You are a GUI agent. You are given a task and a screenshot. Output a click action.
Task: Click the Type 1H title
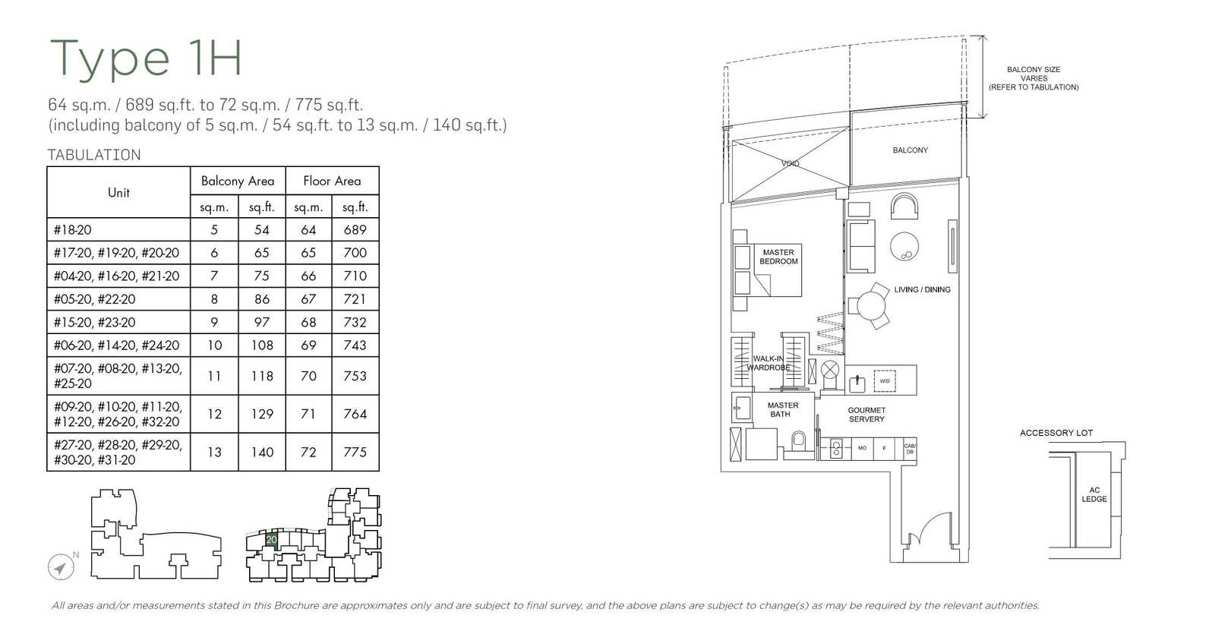click(x=146, y=58)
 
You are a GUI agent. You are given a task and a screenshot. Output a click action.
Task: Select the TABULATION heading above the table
click(x=94, y=155)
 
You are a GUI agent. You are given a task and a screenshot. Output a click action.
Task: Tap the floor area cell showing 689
click(x=355, y=229)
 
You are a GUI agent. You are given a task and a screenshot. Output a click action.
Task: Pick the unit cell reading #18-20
click(x=73, y=229)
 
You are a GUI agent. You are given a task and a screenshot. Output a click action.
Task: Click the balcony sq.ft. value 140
click(x=262, y=452)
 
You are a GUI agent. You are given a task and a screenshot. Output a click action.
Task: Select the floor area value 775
click(x=355, y=452)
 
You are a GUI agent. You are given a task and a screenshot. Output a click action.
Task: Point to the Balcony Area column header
click(x=238, y=181)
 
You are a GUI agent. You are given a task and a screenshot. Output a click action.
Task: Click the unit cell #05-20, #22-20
click(x=95, y=299)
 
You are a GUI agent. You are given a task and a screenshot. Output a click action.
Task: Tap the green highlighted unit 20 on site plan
click(x=271, y=540)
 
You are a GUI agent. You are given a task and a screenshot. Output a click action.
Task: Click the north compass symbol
click(x=61, y=567)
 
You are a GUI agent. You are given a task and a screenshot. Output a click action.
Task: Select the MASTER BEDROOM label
click(x=778, y=257)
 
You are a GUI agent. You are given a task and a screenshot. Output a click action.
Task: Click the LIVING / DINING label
click(x=922, y=289)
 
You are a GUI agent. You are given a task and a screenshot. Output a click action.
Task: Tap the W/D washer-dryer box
click(x=885, y=380)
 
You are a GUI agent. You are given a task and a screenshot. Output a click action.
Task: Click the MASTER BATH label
click(x=782, y=410)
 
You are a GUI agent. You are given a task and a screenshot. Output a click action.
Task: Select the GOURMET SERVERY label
click(x=866, y=415)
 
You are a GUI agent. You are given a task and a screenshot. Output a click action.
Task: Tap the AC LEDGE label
click(x=1093, y=494)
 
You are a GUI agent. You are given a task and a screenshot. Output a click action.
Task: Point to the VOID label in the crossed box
click(x=790, y=163)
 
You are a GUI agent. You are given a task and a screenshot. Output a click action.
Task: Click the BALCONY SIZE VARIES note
click(x=1033, y=78)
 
